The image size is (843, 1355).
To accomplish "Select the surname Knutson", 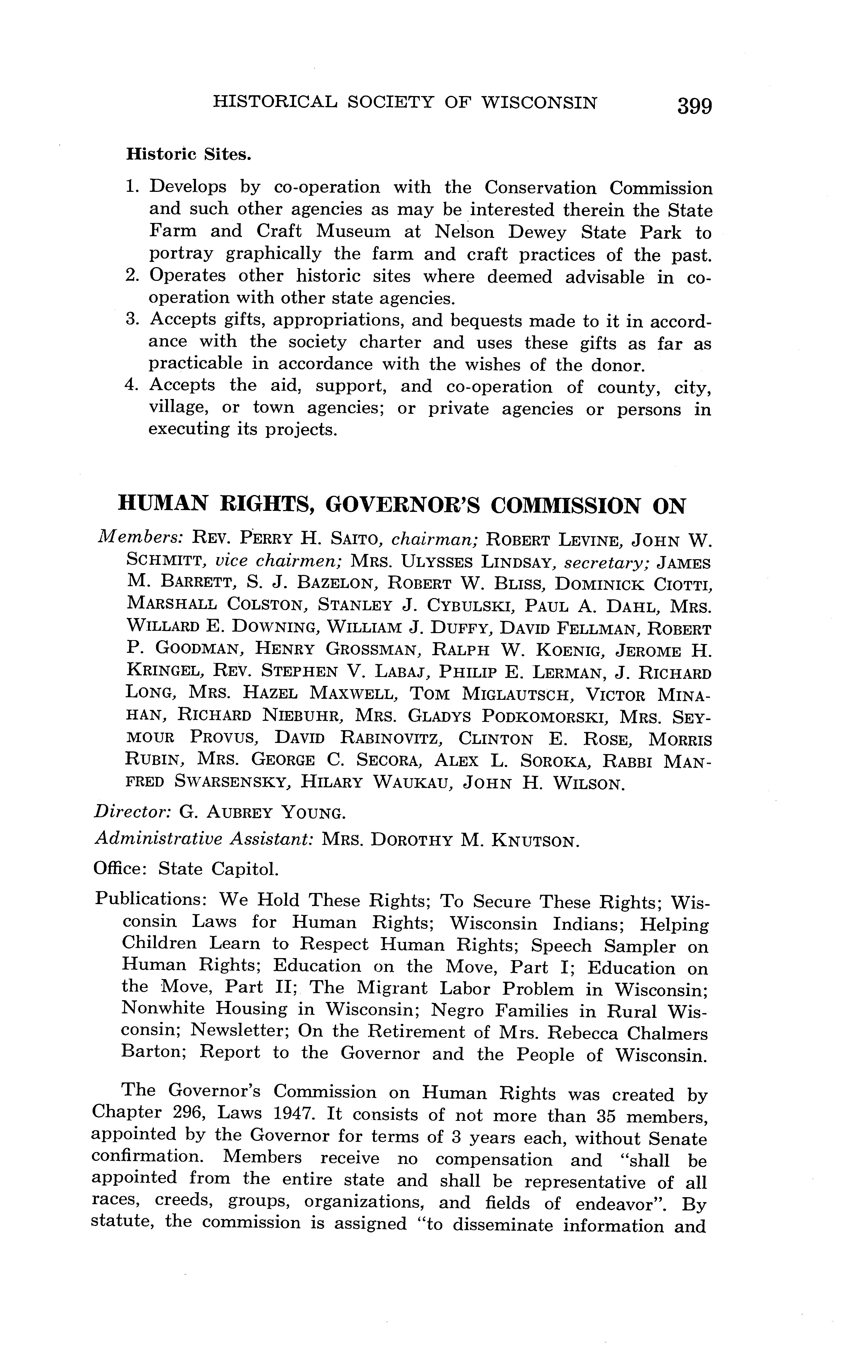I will tap(535, 840).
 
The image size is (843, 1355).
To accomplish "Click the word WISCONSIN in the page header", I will tap(539, 103).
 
